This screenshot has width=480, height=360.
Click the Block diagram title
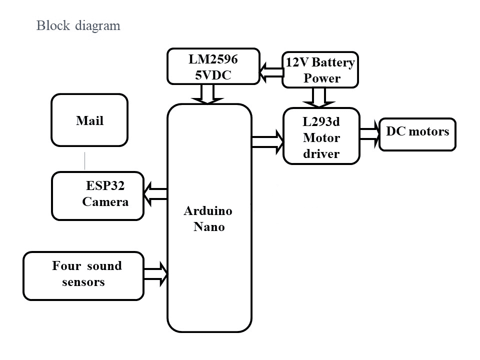point(78,25)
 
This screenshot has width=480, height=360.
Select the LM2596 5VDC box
point(213,66)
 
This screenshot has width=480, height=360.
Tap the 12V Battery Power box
point(320,70)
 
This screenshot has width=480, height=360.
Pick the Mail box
point(89,120)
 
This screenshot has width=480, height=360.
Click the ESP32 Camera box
point(97,195)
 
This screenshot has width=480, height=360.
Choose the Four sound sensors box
point(83,276)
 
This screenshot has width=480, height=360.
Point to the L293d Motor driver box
point(321,136)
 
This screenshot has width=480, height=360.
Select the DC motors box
point(417,134)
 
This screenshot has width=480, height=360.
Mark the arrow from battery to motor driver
point(319,97)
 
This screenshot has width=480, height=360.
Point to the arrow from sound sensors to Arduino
point(156,273)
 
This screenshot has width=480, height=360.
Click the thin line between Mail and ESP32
point(84,159)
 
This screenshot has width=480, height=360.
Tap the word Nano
point(209,227)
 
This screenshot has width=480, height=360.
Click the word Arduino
point(208,211)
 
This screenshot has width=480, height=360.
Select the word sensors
point(83,282)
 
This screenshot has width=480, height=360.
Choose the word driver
point(321,153)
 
